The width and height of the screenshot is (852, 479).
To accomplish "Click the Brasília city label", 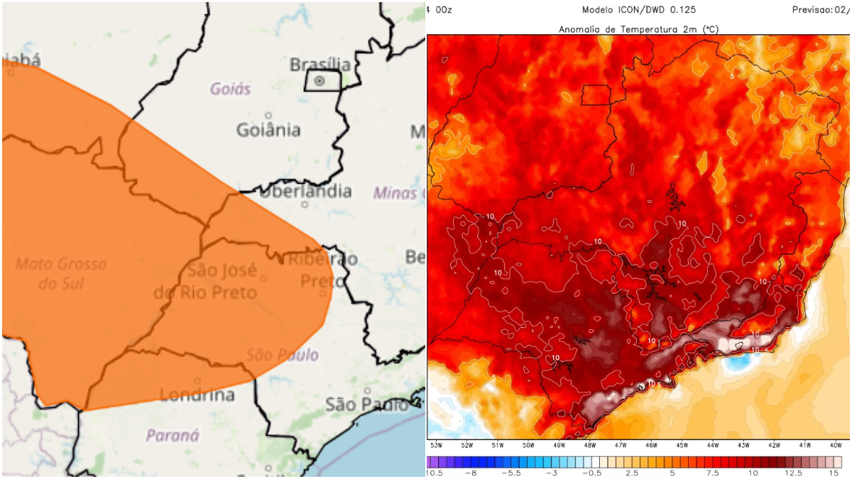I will click(320, 65).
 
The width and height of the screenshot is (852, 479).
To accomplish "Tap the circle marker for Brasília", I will click(319, 81).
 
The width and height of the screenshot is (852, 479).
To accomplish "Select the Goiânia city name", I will click(268, 131).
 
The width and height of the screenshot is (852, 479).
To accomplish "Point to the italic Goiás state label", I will click(231, 89).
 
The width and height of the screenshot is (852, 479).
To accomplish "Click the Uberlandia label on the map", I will click(305, 191).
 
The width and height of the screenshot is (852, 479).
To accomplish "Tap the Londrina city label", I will click(197, 395).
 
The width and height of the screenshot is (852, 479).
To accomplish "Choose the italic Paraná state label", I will click(173, 435).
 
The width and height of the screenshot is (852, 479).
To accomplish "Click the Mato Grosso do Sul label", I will click(61, 273).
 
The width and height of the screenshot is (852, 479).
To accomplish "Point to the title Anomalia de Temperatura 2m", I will click(638, 28).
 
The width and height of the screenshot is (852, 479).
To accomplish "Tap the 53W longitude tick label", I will click(436, 445).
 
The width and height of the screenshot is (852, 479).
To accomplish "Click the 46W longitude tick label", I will click(651, 445).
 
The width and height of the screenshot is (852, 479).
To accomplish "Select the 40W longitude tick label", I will click(835, 445).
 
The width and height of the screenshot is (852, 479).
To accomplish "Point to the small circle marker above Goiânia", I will click(268, 115).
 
